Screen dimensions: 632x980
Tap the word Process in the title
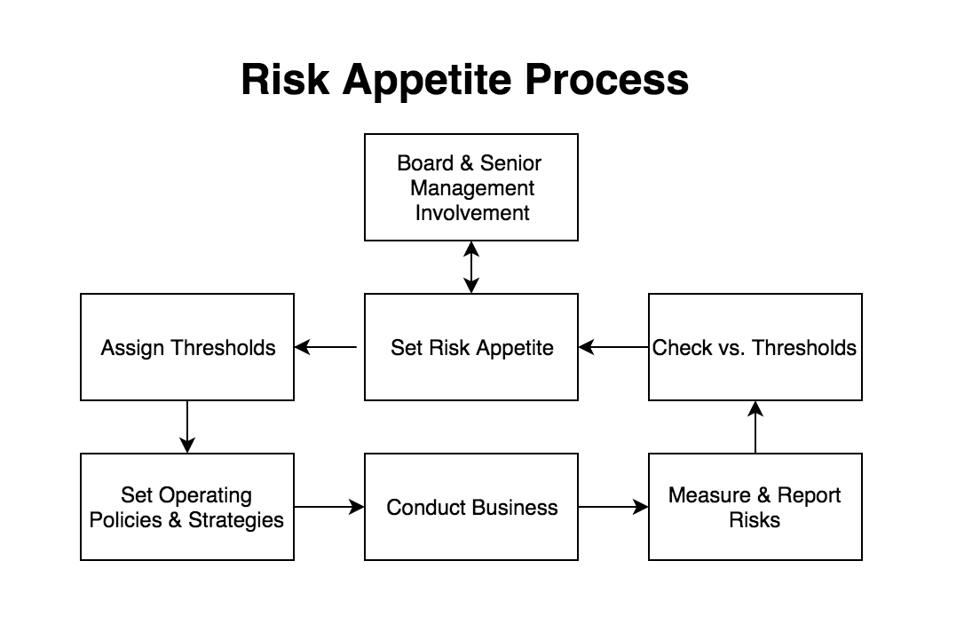coord(606,80)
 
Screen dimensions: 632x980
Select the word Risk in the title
coord(286,80)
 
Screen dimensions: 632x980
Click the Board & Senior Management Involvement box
coord(471,187)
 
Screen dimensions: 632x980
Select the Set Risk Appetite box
coord(471,347)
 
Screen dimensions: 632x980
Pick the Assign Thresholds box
coord(187,347)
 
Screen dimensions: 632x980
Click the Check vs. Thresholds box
coord(755,347)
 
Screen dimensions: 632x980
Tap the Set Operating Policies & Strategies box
coord(187,507)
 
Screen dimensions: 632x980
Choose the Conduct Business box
coord(471,507)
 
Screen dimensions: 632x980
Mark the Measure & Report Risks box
coord(755,507)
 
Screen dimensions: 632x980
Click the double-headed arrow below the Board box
coord(471,267)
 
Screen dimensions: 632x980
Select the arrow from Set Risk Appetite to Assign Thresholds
coord(327,347)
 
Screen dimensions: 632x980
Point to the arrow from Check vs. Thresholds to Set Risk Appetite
coord(613,347)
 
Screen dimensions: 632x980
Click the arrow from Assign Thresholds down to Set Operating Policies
coord(187,427)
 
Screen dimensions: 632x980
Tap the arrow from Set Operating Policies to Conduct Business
coord(329,507)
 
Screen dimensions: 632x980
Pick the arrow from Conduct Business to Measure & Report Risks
coord(613,507)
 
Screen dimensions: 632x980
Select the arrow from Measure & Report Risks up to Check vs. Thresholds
coord(755,427)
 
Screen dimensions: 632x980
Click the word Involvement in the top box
coord(471,213)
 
